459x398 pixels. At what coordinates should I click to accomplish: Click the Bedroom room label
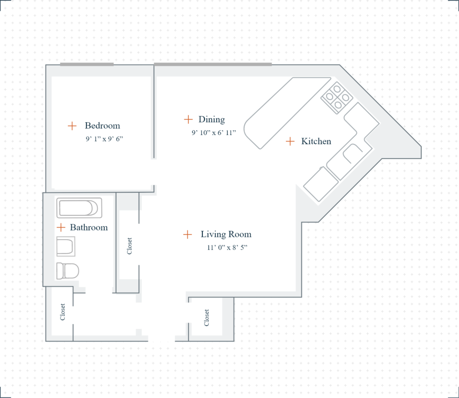[102, 126]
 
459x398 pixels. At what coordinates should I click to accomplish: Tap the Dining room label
[212, 119]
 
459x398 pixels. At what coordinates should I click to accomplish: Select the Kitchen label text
[316, 141]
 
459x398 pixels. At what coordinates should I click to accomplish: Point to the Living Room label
[226, 234]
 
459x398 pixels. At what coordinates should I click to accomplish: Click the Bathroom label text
[89, 228]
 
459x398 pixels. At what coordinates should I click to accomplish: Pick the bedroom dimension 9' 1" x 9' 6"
[102, 139]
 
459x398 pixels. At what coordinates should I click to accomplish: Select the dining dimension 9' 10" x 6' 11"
[214, 133]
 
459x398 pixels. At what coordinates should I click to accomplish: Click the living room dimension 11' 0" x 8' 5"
[227, 248]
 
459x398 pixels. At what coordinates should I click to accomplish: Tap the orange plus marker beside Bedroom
[72, 126]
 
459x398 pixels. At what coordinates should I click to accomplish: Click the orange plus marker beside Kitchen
[290, 141]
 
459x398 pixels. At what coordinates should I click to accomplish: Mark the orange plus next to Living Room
[187, 234]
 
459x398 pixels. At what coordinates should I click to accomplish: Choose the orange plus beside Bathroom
[60, 227]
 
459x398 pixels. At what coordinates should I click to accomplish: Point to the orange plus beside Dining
[188, 119]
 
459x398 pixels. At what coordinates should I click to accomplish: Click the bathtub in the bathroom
[79, 208]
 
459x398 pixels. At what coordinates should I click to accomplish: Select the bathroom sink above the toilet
[66, 247]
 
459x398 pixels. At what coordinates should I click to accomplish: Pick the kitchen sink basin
[352, 153]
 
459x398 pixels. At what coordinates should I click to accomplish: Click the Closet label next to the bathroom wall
[129, 246]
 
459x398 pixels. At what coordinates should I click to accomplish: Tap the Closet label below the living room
[206, 318]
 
